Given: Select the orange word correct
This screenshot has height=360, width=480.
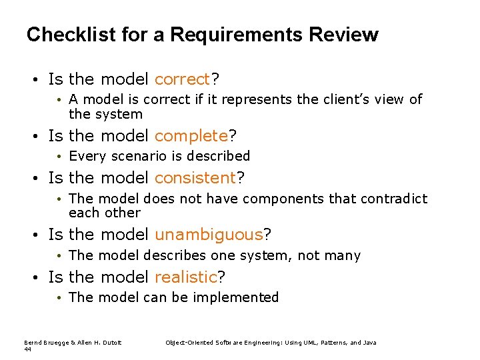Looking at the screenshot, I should (182, 79).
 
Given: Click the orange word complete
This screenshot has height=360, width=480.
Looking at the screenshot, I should (191, 136).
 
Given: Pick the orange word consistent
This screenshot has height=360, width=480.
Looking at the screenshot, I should (195, 178).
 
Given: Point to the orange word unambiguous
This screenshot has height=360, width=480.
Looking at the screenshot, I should (209, 235).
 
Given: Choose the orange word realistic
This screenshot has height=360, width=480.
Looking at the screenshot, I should (186, 277).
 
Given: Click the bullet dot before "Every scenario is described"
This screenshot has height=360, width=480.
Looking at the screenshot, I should (59, 157).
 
